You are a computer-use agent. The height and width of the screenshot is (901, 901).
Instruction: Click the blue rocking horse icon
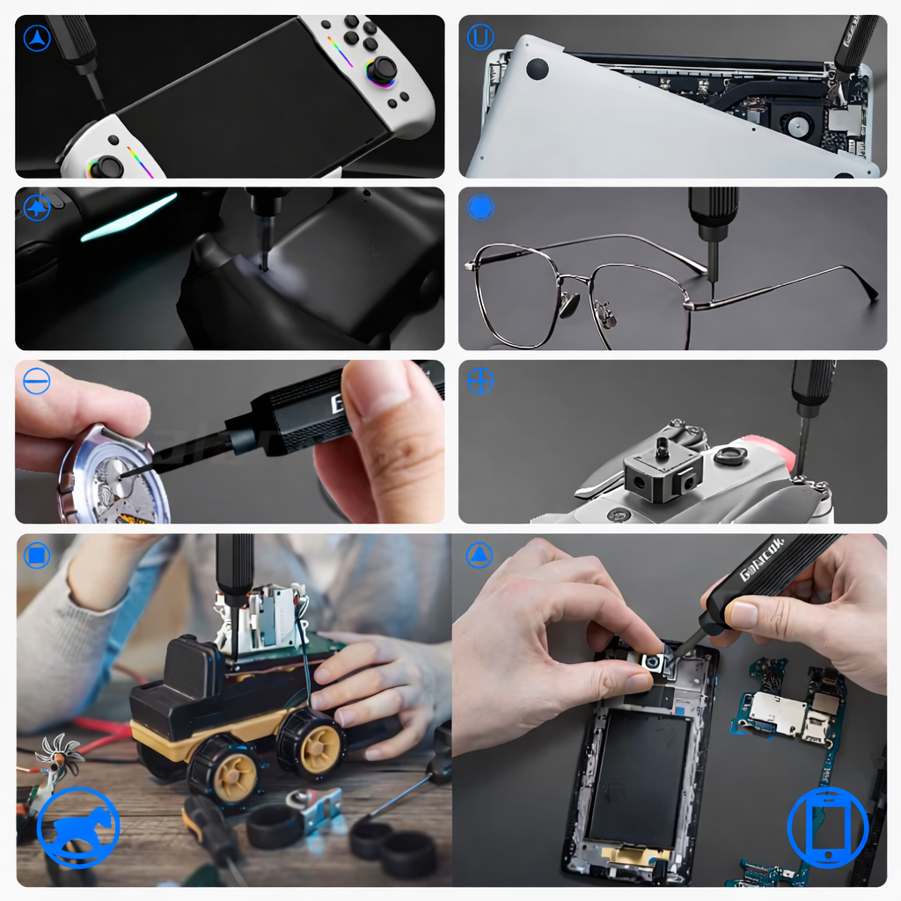[78, 828]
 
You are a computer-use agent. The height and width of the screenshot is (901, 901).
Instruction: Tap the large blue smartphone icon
[827, 827]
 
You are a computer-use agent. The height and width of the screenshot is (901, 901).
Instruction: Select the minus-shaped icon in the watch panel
[37, 381]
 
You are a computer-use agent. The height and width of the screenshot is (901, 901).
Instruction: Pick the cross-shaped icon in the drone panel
[480, 381]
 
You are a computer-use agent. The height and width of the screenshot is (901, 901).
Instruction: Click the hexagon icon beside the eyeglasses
[480, 209]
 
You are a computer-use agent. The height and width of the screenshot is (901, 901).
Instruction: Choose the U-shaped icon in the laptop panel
[480, 37]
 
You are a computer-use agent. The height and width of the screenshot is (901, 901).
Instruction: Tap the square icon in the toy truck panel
[37, 555]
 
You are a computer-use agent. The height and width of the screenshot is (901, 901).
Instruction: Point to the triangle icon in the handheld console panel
[37, 38]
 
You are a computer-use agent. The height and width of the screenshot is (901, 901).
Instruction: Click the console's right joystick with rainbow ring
[381, 70]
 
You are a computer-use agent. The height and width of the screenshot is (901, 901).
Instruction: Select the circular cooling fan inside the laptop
[799, 126]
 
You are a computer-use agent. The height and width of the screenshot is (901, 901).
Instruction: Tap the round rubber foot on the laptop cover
[537, 69]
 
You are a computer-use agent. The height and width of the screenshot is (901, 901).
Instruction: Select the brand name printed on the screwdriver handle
[762, 560]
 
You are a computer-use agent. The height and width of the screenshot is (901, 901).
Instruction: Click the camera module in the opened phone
[652, 662]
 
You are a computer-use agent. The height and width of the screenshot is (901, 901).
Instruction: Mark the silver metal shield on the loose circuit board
[777, 714]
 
